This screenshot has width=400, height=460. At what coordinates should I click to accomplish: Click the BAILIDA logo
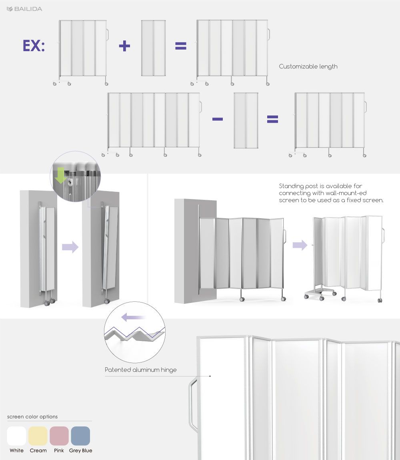click(x=24, y=9)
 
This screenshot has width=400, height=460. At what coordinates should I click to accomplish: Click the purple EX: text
click(x=34, y=46)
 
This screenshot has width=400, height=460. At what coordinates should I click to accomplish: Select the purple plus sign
click(x=124, y=46)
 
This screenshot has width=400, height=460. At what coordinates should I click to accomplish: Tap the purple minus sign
click(x=218, y=119)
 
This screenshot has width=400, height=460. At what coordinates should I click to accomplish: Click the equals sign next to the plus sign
click(x=181, y=46)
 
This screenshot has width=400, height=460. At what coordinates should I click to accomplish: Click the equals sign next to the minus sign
click(x=272, y=119)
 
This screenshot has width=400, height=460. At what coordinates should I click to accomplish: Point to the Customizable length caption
click(x=308, y=67)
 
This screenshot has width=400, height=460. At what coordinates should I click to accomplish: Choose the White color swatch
click(x=16, y=436)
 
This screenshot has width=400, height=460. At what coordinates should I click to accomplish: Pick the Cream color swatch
click(x=38, y=436)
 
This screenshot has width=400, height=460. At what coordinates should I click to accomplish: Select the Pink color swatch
click(x=59, y=436)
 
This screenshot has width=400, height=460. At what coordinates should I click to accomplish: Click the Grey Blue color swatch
click(x=80, y=436)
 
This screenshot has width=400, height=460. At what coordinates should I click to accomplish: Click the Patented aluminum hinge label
click(x=140, y=370)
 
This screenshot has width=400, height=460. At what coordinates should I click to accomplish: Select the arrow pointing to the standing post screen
click(x=300, y=245)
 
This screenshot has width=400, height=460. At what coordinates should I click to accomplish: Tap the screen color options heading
click(x=32, y=417)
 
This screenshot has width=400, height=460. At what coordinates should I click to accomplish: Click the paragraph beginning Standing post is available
click(x=331, y=193)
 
